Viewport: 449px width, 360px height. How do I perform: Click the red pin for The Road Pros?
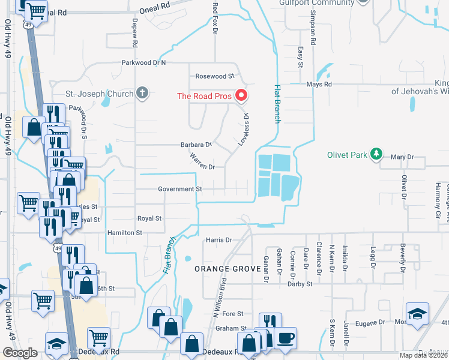(241, 95)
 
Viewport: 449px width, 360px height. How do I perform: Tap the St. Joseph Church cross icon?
(142, 93)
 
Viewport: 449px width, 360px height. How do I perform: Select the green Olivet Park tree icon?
(376, 154)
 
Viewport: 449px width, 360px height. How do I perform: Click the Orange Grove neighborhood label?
(221, 269)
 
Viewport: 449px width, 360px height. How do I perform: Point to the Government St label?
(179, 189)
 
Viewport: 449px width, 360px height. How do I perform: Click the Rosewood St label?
(214, 76)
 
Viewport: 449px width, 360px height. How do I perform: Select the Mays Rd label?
(319, 85)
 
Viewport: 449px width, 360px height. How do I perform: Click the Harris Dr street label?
(218, 240)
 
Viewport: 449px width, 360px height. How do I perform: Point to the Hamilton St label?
(124, 232)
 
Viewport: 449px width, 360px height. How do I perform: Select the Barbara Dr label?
(197, 145)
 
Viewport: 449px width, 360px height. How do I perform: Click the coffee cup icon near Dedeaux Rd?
(285, 338)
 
